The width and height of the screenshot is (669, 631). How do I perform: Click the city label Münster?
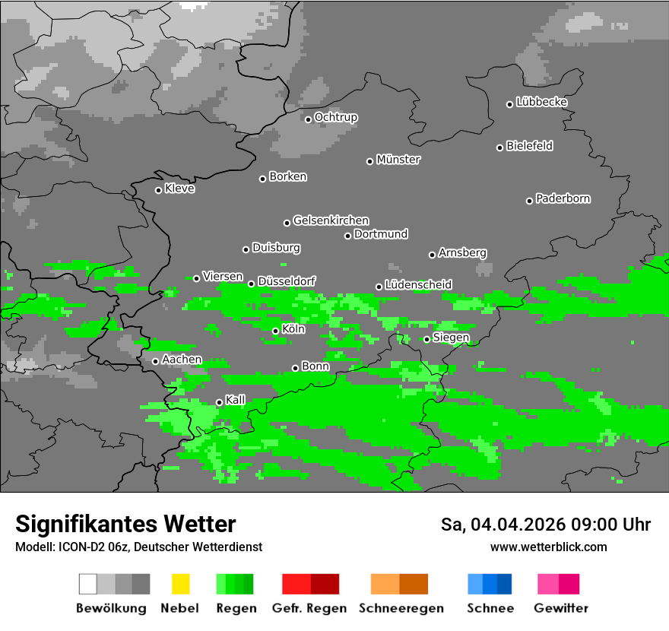[x=398, y=160]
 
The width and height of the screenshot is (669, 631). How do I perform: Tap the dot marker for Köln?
[x=275, y=331]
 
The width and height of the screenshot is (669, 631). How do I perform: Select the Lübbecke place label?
[x=541, y=102]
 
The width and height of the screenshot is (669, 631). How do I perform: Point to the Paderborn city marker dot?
[x=530, y=201]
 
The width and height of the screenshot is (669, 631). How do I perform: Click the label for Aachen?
[x=182, y=359]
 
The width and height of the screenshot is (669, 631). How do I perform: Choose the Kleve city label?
[x=179, y=189]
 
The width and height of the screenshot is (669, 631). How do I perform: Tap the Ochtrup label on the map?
[x=336, y=117]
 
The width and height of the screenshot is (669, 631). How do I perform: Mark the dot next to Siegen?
[x=426, y=339]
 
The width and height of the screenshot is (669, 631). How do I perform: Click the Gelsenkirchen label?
[x=331, y=220]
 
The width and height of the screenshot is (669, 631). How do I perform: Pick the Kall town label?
[x=236, y=400]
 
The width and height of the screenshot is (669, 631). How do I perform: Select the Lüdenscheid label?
[x=418, y=284]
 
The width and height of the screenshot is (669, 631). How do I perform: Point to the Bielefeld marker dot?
[x=500, y=147]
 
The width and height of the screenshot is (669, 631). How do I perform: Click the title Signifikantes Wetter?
[x=125, y=524]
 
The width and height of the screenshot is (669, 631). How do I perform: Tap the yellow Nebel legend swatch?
[x=180, y=584]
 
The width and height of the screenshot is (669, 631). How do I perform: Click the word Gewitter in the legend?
[x=561, y=608]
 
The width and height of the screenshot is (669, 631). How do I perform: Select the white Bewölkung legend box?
[x=88, y=584]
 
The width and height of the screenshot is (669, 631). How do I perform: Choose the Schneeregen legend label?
[x=401, y=608]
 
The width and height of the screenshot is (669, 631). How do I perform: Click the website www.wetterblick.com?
[x=549, y=547]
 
